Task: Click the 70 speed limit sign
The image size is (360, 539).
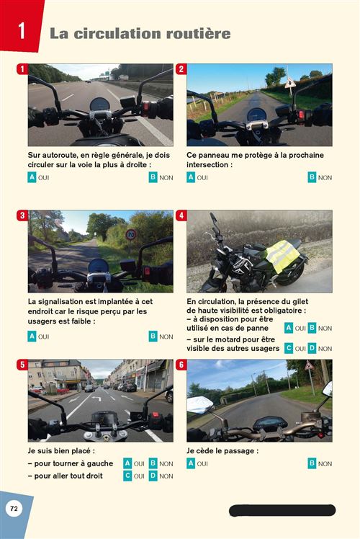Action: (131, 235)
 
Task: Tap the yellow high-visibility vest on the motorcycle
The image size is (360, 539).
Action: (283, 256)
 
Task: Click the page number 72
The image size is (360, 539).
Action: (14, 509)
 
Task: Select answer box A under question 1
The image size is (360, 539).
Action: (32, 177)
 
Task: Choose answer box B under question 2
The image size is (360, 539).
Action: (312, 177)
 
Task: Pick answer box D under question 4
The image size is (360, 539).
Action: (312, 348)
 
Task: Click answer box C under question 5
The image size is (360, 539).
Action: (127, 476)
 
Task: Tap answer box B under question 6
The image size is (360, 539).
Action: (312, 463)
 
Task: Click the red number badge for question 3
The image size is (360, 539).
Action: (22, 216)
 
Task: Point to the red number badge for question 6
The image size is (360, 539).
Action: (181, 365)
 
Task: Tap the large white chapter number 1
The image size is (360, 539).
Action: (22, 30)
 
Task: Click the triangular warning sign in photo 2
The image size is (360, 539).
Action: (290, 83)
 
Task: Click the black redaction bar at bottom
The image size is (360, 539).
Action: (282, 510)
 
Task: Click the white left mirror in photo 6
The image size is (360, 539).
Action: (199, 404)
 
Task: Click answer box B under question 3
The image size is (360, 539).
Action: (153, 337)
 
